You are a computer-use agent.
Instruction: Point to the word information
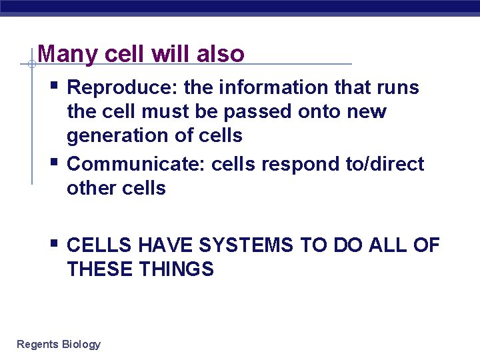point(275,88)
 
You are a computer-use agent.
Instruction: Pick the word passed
point(255,112)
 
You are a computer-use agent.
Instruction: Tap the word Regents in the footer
point(37,345)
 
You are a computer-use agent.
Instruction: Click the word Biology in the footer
point(81,345)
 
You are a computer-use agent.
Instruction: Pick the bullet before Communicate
point(54,161)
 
